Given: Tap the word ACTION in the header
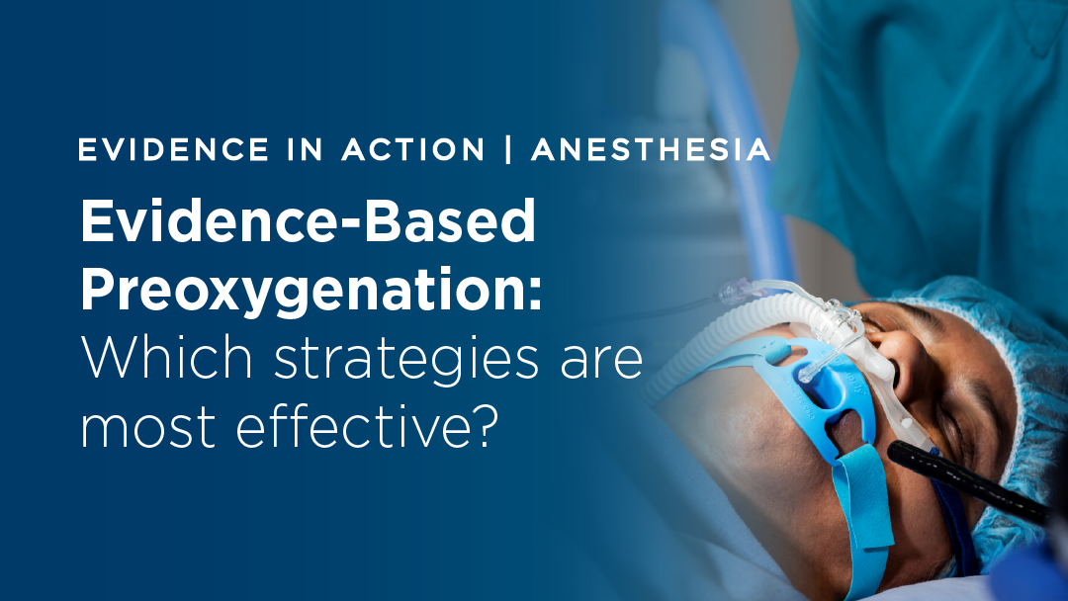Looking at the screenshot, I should click(x=414, y=150).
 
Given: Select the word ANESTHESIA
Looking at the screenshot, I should click(x=651, y=150).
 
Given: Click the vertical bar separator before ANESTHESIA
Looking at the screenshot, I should click(x=508, y=150).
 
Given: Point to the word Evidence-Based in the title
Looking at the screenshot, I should click(x=308, y=223).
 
